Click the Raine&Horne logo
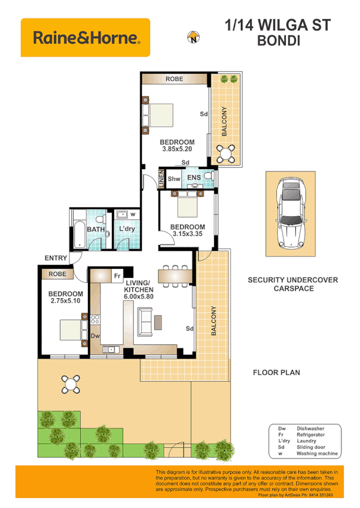point(86,38)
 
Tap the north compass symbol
point(193,38)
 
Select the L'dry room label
point(126,229)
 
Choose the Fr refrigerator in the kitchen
point(118,276)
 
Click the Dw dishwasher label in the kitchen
point(94,336)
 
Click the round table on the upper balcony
point(226,154)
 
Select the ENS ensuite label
point(194,178)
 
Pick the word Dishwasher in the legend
point(312,429)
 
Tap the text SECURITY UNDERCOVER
point(293,280)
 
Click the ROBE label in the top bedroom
point(174,79)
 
